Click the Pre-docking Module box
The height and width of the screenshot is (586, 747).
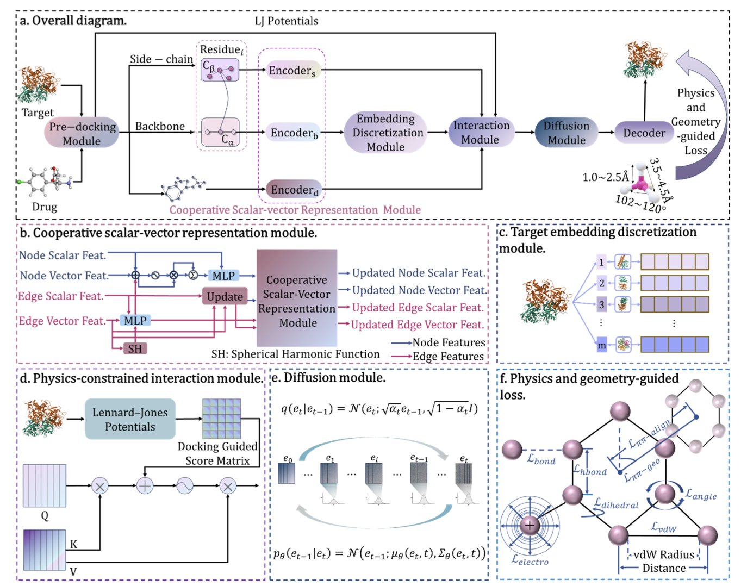pos(82,133)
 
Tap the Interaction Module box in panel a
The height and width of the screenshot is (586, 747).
pos(481,133)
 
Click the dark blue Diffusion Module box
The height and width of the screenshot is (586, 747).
pos(566,133)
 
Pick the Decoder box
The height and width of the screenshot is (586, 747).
pos(644,133)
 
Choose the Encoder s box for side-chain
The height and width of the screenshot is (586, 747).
pos(292,71)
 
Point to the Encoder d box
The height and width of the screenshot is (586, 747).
pos(294,190)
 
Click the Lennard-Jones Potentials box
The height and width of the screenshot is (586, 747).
pos(130,420)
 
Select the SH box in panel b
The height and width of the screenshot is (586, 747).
pos(135,348)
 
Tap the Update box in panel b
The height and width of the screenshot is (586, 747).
pos(225,296)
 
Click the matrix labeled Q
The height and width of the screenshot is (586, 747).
pos(44,485)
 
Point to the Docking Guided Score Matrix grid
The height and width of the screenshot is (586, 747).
pos(221,419)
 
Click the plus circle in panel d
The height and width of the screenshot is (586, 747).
pos(145,485)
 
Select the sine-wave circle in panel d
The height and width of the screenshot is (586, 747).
pos(184,485)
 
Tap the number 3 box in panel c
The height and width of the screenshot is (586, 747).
pos(601,304)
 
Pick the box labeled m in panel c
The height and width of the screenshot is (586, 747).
pos(601,345)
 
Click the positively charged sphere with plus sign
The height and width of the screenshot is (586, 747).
pos(530,525)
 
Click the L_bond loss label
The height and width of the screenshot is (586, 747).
pos(541,460)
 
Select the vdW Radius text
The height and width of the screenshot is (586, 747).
pos(664,554)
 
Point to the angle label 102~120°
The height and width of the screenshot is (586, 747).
pos(638,203)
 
